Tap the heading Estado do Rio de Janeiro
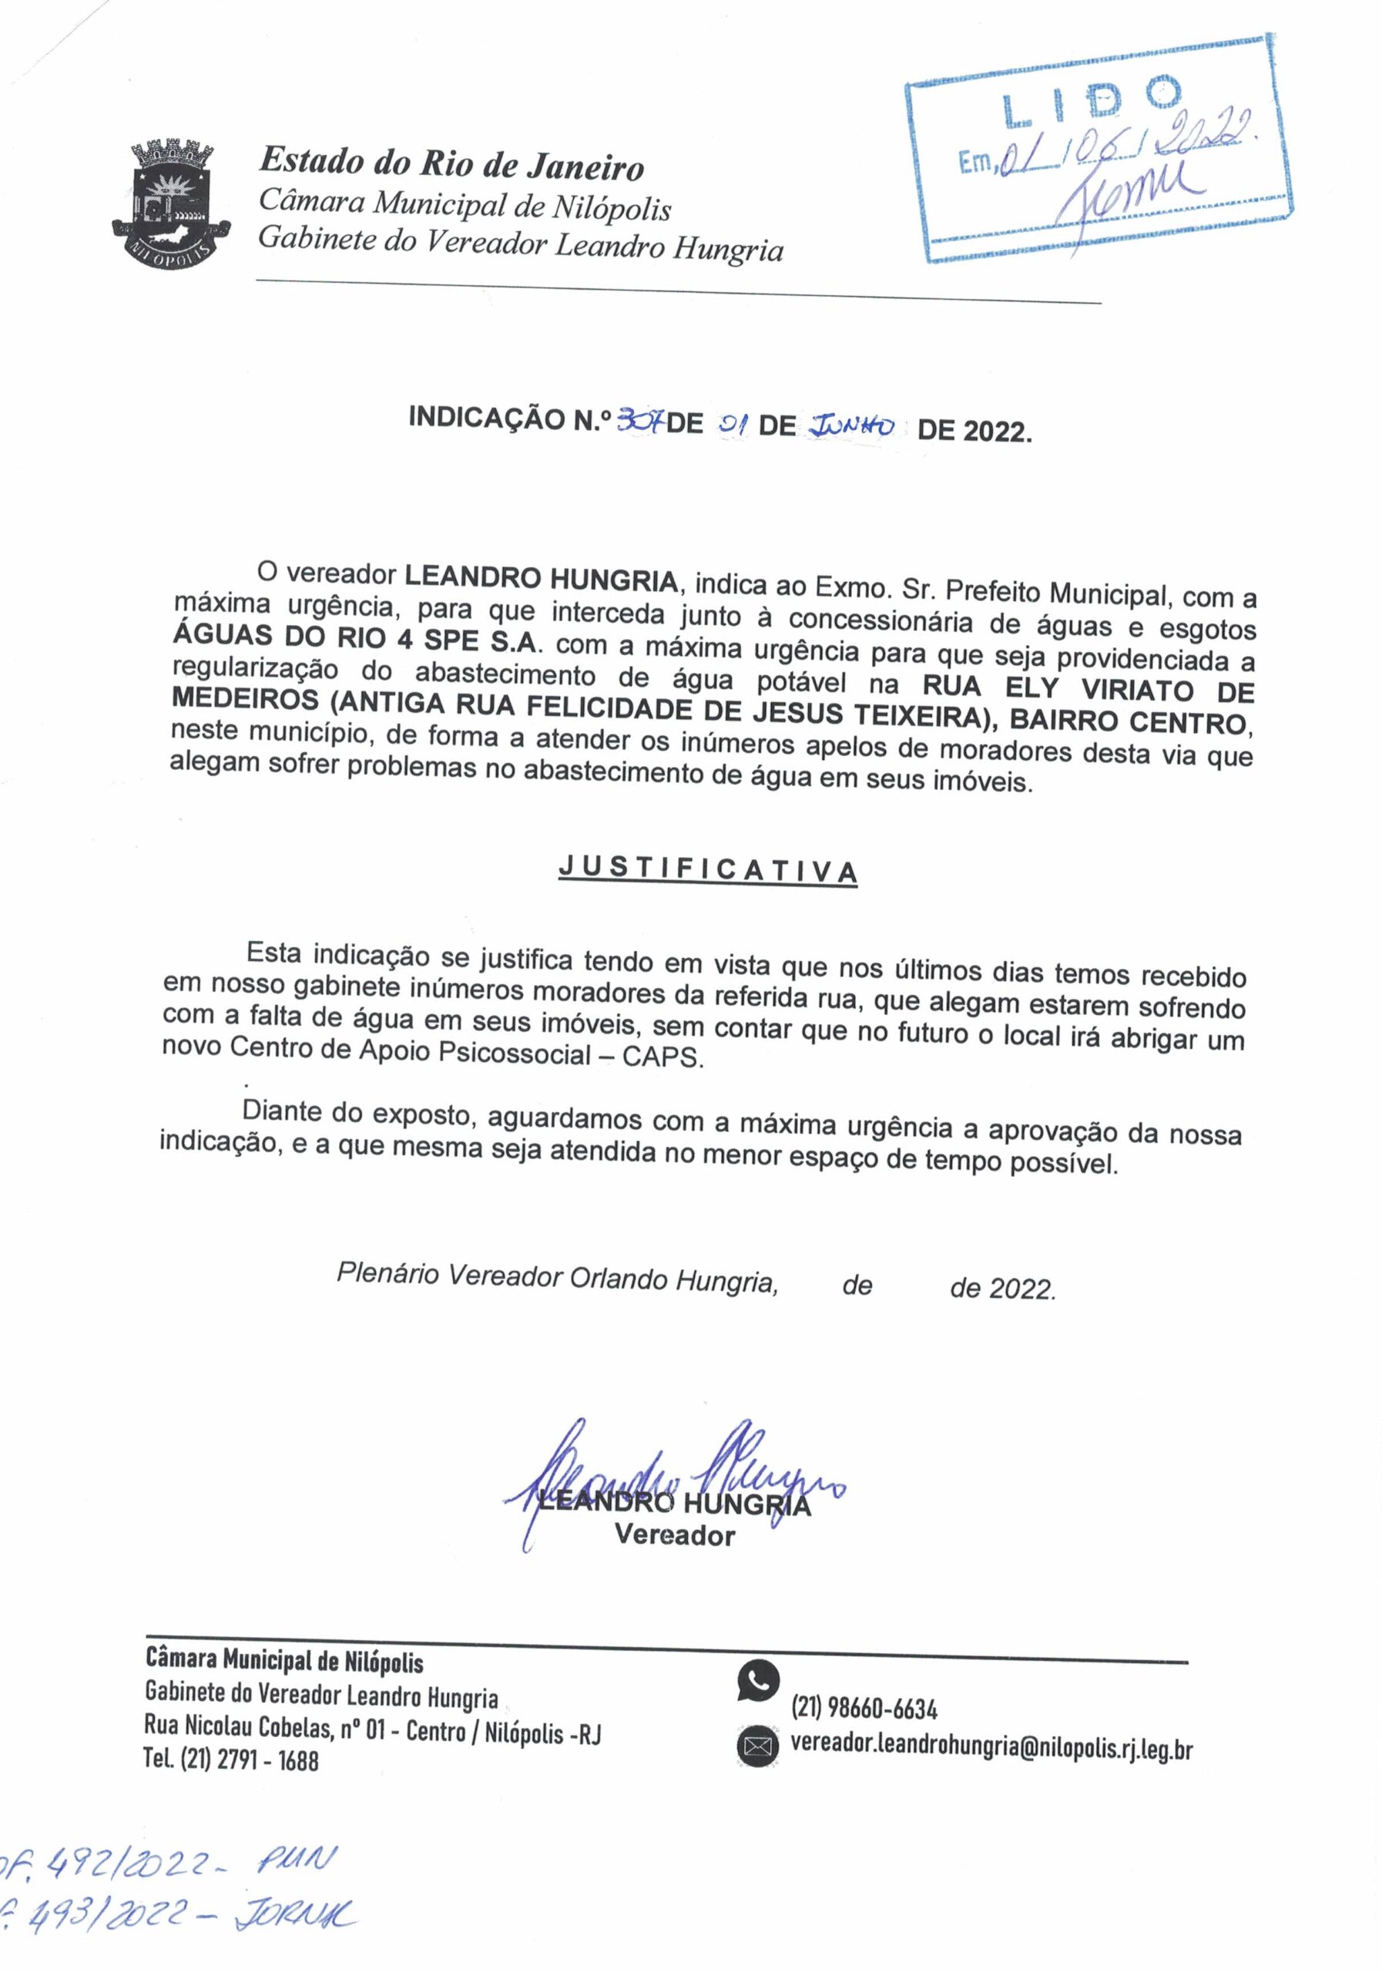point(451,164)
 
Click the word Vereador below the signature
point(674,1535)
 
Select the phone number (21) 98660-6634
point(864,1709)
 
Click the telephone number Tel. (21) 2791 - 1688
point(231,1760)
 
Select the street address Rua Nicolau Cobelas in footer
point(237,1729)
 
